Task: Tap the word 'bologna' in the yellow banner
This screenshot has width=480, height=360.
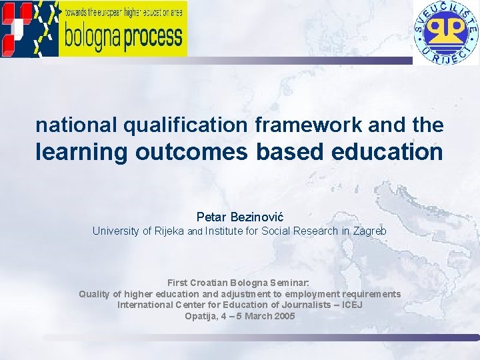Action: [93, 37]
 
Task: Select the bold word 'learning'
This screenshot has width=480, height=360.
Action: [81, 153]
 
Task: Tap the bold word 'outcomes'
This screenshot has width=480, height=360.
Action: [192, 152]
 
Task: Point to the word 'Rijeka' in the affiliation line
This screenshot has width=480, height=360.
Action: [169, 231]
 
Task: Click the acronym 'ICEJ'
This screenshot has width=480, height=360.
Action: [349, 305]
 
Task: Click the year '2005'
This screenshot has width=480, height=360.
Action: [283, 316]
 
